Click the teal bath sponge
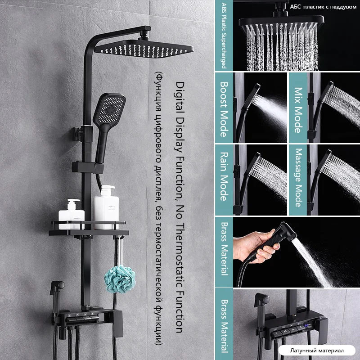point(120,279)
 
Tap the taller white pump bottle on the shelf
point(106,208)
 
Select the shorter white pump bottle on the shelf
point(72,215)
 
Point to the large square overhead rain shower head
point(144,49)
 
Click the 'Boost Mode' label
point(224,109)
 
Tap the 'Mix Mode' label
point(298,110)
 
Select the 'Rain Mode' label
point(224,176)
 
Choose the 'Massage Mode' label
point(298,178)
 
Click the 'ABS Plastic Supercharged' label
point(224,36)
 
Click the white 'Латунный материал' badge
point(317,351)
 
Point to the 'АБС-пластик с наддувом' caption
point(323,7)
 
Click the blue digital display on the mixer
point(308,325)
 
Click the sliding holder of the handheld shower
point(88,167)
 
